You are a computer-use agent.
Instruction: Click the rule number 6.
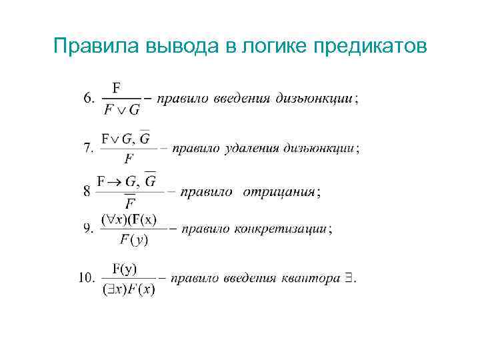[88, 99]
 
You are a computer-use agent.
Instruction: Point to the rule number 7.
[88, 149]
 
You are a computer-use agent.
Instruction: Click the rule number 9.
[88, 229]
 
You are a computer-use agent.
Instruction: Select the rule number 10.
[87, 279]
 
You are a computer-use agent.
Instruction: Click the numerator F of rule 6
[117, 87]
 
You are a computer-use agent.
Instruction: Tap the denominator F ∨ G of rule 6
[121, 110]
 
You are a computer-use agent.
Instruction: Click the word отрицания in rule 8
[279, 192]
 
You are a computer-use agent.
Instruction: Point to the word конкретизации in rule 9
[281, 229]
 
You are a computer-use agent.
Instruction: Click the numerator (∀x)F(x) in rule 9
[129, 219]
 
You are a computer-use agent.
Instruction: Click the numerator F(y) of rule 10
[125, 268]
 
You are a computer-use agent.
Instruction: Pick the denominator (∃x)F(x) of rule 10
[128, 290]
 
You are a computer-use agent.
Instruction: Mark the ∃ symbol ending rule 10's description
[349, 279]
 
